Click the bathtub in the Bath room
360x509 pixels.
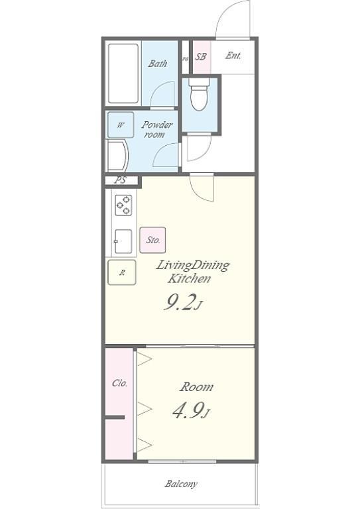123,74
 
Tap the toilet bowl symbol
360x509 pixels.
200,94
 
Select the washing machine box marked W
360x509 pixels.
121,125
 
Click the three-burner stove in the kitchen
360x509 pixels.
124,205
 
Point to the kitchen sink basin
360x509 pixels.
123,241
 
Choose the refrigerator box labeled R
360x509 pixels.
122,272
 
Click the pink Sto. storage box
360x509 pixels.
152,240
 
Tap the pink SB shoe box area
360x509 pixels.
202,57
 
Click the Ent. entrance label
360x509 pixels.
233,56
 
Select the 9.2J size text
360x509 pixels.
183,304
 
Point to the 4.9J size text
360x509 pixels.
191,410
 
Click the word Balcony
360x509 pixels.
181,484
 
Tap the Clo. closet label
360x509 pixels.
119,383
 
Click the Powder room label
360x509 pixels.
156,129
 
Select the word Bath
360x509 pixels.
158,64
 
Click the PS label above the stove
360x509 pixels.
120,180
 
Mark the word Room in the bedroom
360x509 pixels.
196,387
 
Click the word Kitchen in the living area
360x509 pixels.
189,278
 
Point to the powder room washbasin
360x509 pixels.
117,156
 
